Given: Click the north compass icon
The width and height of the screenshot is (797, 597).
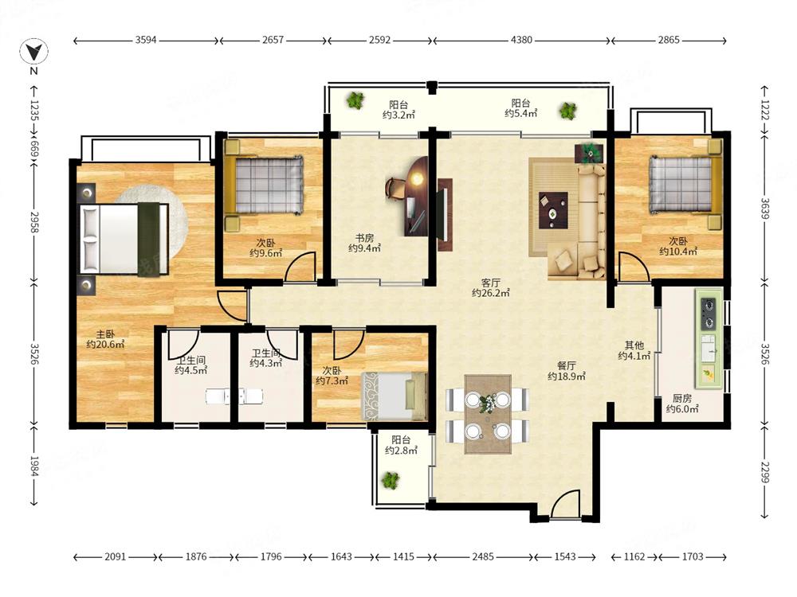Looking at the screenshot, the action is [34, 52].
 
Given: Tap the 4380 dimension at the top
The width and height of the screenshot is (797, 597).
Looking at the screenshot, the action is [521, 40].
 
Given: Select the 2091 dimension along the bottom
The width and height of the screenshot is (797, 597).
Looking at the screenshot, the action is [115, 556].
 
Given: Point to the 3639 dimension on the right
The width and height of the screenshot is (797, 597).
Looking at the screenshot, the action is [765, 208].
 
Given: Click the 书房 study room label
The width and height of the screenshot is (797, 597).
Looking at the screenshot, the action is [364, 237].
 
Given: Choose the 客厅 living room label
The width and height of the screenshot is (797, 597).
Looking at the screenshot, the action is [490, 283].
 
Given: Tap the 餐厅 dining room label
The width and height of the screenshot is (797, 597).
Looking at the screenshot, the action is [566, 365].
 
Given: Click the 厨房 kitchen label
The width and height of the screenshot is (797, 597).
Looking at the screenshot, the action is [682, 399].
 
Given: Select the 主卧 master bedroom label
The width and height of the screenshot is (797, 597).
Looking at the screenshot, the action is [105, 334].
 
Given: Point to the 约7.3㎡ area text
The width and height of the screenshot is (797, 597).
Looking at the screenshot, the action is [332, 380].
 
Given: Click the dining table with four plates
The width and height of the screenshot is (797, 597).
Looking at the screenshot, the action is [488, 414].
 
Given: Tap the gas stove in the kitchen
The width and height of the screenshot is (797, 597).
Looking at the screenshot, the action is [708, 313].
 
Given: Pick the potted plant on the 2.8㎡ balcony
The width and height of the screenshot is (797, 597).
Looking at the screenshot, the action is [391, 480].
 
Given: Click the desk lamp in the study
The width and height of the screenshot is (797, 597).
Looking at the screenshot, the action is [418, 178].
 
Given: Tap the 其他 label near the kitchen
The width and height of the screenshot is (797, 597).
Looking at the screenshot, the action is [634, 345].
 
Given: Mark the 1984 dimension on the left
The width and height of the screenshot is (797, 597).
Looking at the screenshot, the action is [34, 466].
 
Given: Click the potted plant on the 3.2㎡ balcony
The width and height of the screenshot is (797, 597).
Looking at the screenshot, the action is [355, 100].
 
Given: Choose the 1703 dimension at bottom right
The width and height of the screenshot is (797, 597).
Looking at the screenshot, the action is [693, 556].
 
